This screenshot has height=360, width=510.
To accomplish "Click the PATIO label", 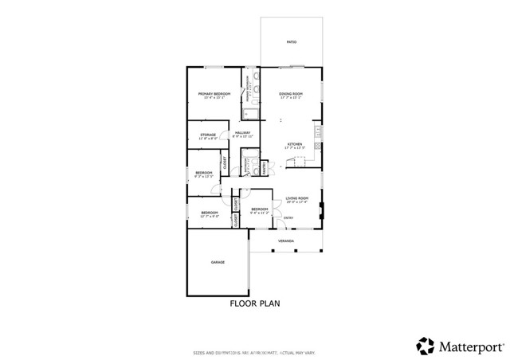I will pyautogui.click(x=292, y=41).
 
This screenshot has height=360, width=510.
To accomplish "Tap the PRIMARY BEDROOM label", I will pyautogui.click(x=214, y=95).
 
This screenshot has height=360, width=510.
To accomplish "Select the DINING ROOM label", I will pyautogui.click(x=291, y=95).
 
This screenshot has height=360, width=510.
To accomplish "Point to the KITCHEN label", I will pyautogui.click(x=296, y=144).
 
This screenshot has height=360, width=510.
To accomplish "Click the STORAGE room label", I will pyautogui.click(x=208, y=135).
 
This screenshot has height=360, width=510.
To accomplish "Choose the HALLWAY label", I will pyautogui.click(x=242, y=133).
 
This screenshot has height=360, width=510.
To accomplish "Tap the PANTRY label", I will pyautogui.click(x=264, y=166).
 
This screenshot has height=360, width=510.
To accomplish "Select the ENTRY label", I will pyautogui.click(x=288, y=217).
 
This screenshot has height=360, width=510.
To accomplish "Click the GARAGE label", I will pyautogui.click(x=218, y=262).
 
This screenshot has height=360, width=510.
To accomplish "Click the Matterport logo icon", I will pyautogui.click(x=425, y=346).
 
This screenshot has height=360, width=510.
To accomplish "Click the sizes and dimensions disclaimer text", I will pyautogui.click(x=255, y=351).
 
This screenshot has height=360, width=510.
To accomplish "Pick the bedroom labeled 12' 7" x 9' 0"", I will pyautogui.click(x=210, y=213).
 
